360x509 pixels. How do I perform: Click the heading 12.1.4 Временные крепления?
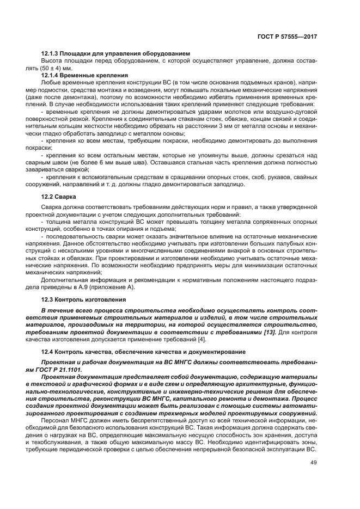(x=84, y=74)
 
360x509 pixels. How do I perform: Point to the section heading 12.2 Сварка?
(x=59, y=196)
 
